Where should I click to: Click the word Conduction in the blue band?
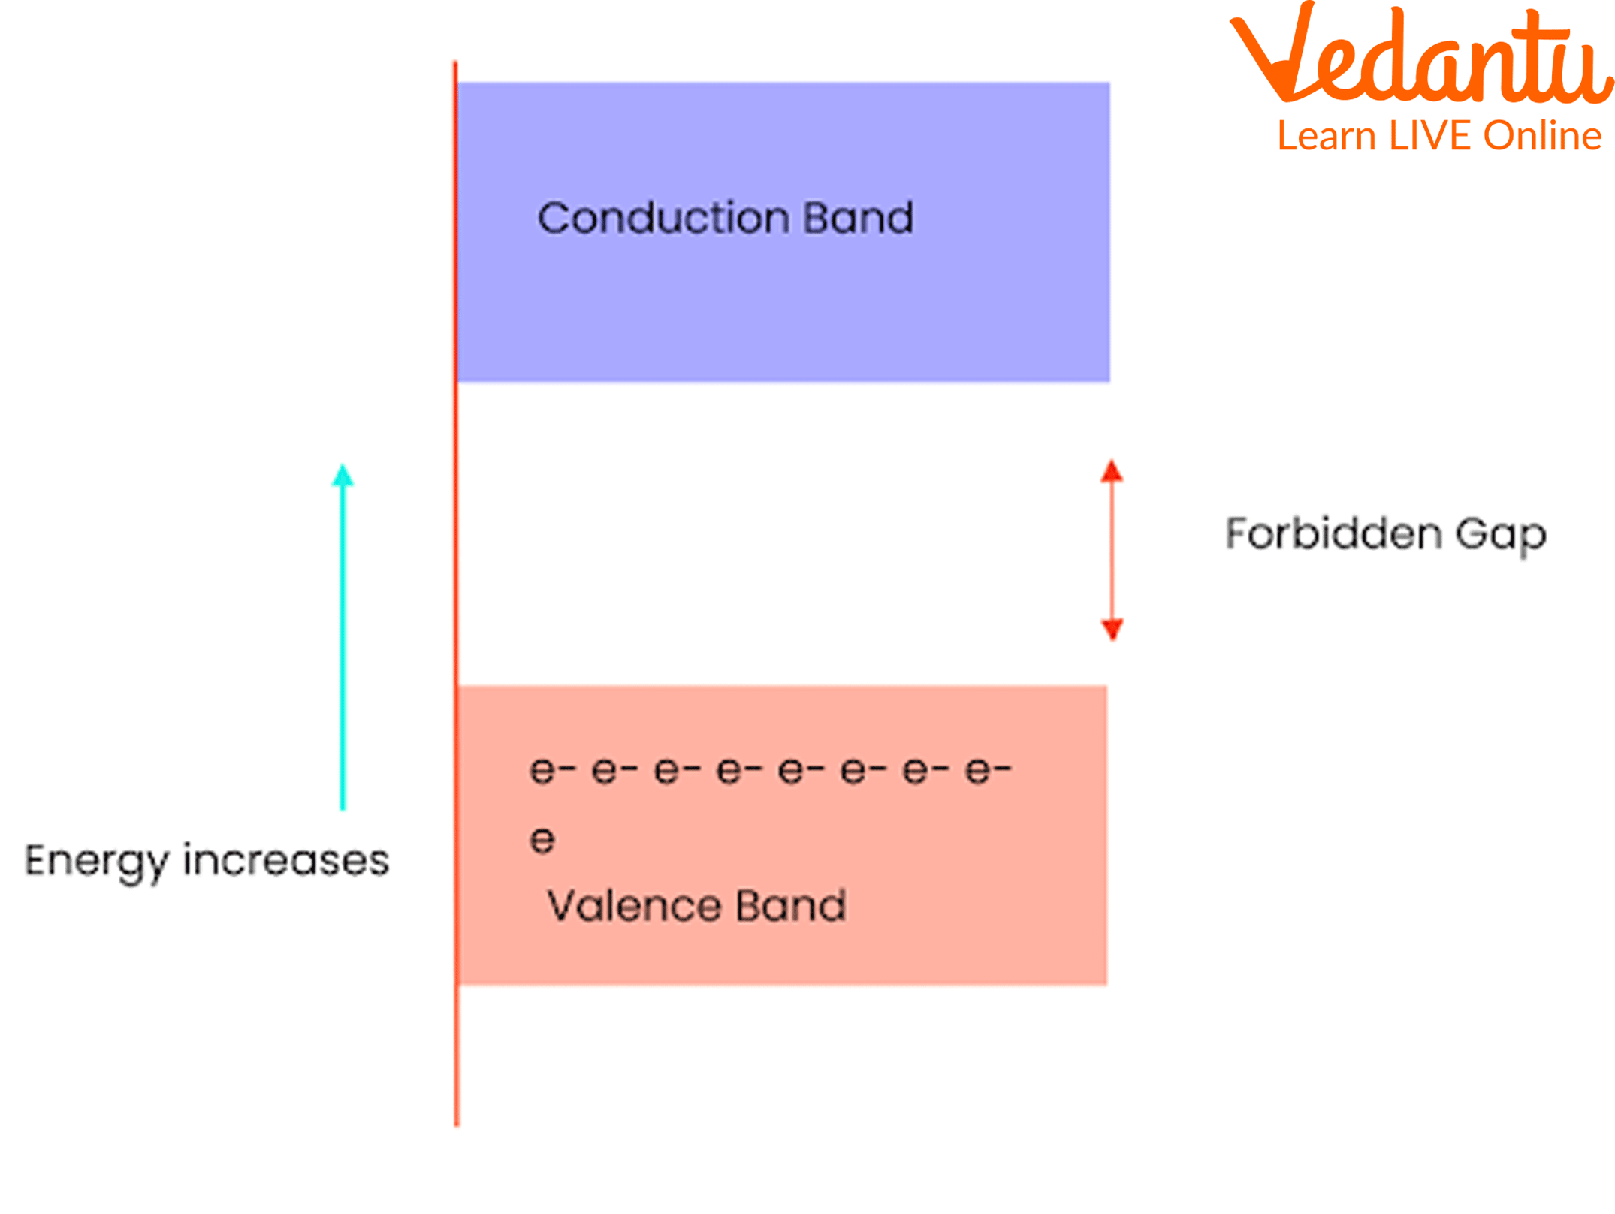click(x=663, y=219)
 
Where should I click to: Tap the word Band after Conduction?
click(x=858, y=219)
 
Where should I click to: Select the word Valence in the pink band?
click(x=631, y=906)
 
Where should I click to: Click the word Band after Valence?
click(x=790, y=906)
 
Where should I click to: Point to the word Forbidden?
click(x=1333, y=534)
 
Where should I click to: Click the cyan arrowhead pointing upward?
click(x=343, y=476)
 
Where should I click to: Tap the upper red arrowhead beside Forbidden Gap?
click(x=1112, y=472)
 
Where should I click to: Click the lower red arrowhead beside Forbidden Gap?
click(x=1112, y=628)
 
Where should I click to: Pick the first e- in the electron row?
click(x=552, y=771)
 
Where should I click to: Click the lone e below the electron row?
click(x=542, y=840)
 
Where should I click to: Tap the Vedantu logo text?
click(x=1420, y=56)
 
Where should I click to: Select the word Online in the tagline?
click(x=1542, y=137)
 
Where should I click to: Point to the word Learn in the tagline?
click(x=1327, y=137)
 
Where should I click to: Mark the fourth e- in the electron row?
click(x=739, y=771)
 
